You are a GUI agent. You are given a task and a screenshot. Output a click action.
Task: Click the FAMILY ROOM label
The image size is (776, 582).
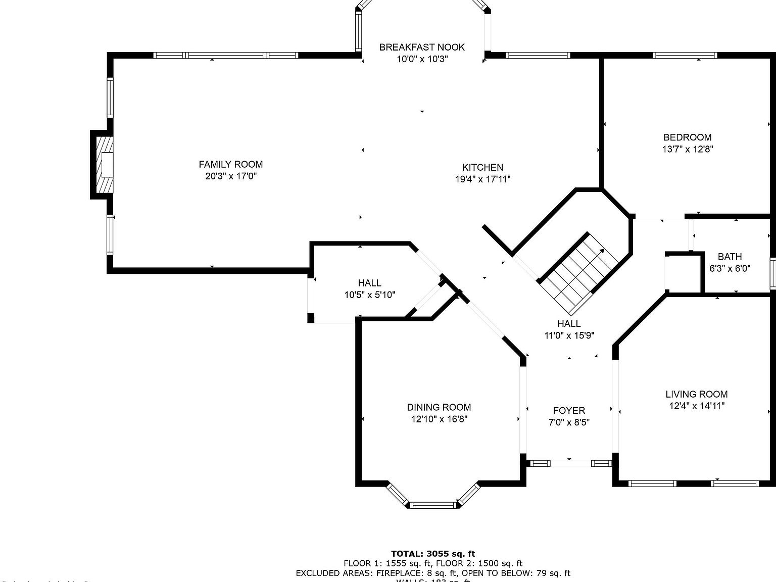[x=230, y=164]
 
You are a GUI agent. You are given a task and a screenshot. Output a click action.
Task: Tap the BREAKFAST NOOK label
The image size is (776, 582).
[x=422, y=47]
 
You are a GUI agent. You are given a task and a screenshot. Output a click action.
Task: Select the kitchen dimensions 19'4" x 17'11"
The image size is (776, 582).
[x=482, y=179]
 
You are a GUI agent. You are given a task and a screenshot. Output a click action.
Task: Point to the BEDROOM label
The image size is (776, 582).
[x=687, y=137]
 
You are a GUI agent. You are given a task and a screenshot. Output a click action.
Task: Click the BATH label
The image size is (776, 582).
[x=730, y=257]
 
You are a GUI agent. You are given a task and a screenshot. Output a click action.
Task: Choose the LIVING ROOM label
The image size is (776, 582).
[x=696, y=394]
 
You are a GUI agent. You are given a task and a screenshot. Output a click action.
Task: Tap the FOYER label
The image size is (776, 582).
[x=569, y=411]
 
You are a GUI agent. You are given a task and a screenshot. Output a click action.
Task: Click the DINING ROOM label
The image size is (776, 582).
[x=439, y=407]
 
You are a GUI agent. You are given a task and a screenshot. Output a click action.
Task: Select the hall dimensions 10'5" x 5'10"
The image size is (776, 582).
[x=369, y=295]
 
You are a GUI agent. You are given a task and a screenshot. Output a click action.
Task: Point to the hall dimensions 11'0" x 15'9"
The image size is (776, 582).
[x=569, y=335]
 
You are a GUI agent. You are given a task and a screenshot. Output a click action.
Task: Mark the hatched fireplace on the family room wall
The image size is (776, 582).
[x=106, y=164]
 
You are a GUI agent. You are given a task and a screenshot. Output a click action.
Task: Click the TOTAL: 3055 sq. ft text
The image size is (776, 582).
[x=433, y=554]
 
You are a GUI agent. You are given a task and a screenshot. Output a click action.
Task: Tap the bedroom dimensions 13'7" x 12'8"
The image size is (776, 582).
[x=687, y=149]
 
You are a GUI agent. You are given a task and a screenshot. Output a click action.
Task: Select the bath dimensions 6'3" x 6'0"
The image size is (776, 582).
[x=730, y=269]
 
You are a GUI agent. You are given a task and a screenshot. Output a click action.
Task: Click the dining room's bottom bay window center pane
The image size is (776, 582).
[x=433, y=505]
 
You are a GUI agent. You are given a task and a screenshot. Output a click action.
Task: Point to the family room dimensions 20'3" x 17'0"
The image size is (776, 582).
[x=230, y=176]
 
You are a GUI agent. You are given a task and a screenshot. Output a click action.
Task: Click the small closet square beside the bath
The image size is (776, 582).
[x=683, y=273]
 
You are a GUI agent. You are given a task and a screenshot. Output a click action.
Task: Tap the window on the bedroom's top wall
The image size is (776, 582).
[x=685, y=56]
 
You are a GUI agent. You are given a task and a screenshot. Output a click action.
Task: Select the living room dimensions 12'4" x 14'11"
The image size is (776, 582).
[x=696, y=406]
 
